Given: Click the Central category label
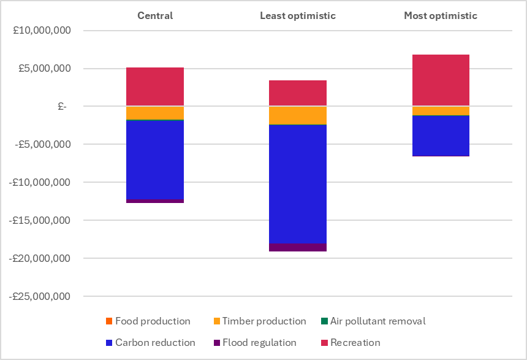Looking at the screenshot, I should (154, 15).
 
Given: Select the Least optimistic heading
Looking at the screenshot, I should (298, 15).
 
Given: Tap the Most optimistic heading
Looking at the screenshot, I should (440, 15).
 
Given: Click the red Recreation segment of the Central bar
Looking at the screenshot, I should (154, 86).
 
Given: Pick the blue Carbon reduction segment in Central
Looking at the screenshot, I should (154, 159).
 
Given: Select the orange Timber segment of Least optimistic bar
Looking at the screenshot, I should (298, 115).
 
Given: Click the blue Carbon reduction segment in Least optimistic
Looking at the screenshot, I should (298, 184).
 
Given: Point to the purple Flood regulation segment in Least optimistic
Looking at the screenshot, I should (298, 248).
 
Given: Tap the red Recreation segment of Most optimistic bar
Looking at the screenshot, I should (440, 80).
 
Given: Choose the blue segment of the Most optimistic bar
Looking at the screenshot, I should (440, 136).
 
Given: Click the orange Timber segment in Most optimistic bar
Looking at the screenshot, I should (440, 110).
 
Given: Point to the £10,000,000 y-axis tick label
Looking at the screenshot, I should (42, 30).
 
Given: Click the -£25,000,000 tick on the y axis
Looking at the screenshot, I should (40, 297).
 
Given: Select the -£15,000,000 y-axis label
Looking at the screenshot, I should (40, 221).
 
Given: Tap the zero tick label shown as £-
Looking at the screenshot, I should (63, 106).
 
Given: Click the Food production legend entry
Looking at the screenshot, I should (153, 321).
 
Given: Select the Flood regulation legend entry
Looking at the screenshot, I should (259, 342).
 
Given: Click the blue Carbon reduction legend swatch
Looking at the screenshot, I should (109, 342).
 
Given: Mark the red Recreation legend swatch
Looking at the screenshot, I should (324, 342).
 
